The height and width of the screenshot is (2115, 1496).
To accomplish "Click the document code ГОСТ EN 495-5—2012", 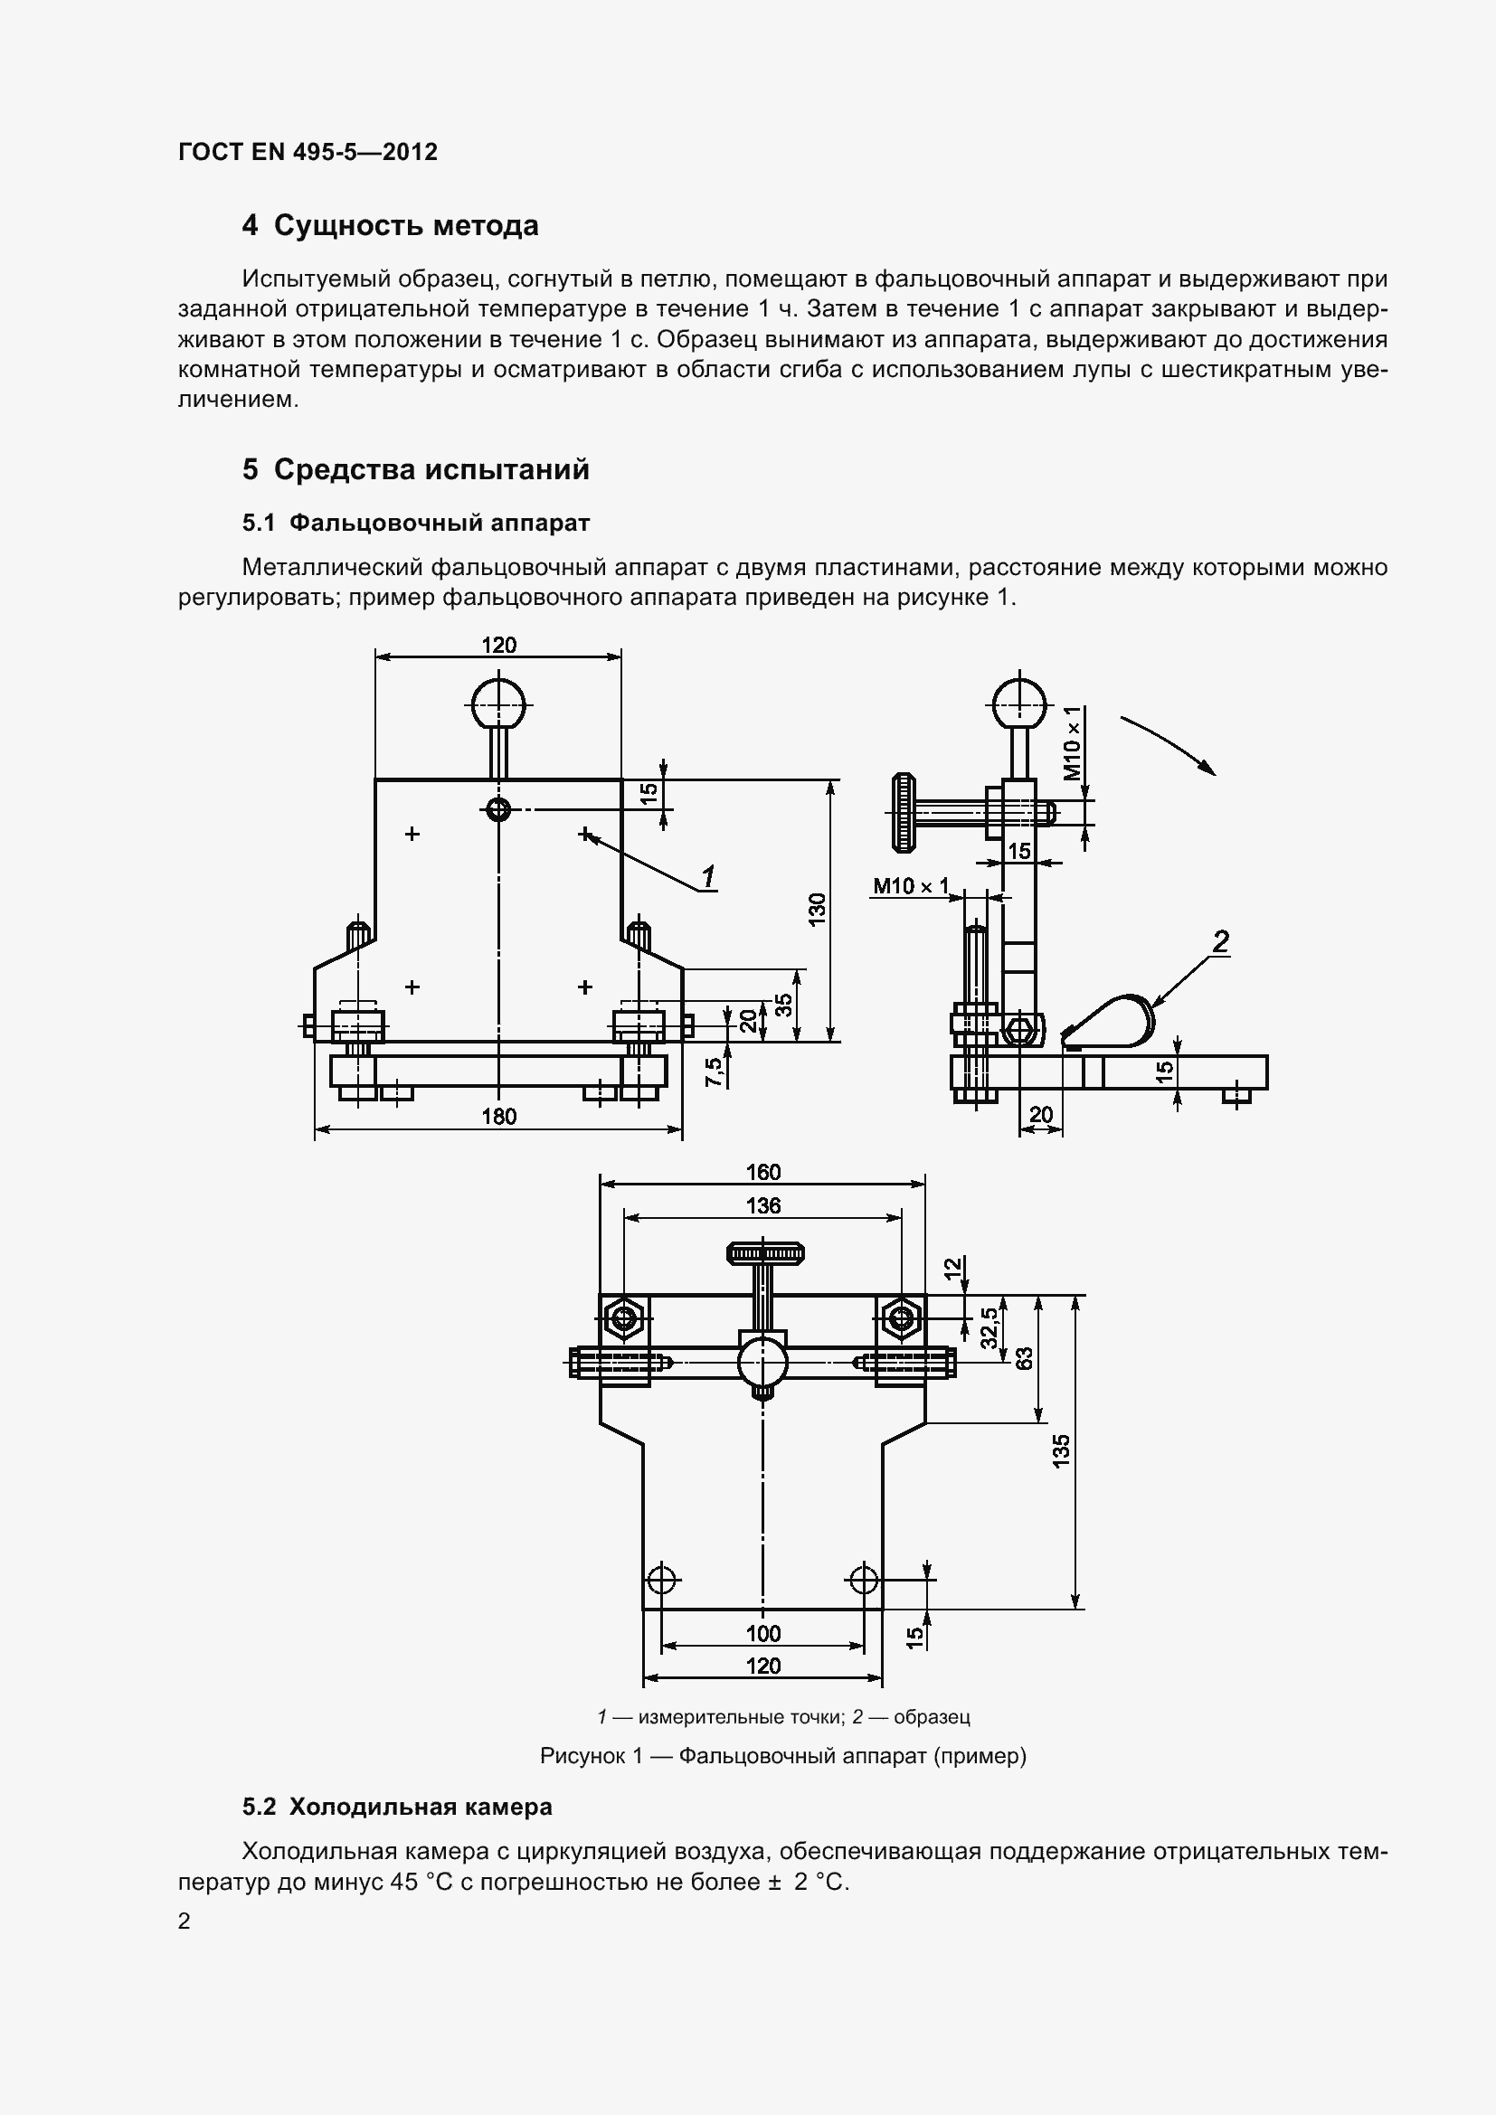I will pyautogui.click(x=308, y=152).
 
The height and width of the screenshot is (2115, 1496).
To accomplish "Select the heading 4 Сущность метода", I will pyautogui.click(x=390, y=226).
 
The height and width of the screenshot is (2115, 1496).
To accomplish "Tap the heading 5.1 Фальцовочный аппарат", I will pyautogui.click(x=415, y=523).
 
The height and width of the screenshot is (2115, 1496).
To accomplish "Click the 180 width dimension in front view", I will pyautogui.click(x=499, y=1117).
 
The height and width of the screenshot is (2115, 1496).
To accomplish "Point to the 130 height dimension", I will pyautogui.click(x=817, y=911).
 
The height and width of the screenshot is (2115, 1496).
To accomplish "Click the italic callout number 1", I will pyautogui.click(x=707, y=876).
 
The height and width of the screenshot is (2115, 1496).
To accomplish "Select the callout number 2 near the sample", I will pyautogui.click(x=1219, y=940).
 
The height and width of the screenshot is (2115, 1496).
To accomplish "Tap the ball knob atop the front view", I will pyautogui.click(x=497, y=706).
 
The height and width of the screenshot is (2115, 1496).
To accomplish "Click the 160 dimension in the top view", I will pyautogui.click(x=762, y=1172).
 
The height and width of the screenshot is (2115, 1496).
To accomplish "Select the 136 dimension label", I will pyautogui.click(x=762, y=1204).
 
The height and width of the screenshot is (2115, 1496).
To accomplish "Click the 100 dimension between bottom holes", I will pyautogui.click(x=762, y=1633).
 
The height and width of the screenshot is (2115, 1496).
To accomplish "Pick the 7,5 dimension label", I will pyautogui.click(x=714, y=1072).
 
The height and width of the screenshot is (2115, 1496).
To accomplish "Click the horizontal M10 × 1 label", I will pyautogui.click(x=910, y=886).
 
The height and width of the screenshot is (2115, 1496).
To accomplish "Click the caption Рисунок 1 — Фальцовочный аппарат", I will pyautogui.click(x=783, y=1756).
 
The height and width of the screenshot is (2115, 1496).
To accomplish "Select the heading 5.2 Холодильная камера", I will pyautogui.click(x=397, y=1807).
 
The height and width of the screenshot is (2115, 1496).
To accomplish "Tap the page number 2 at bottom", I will pyautogui.click(x=185, y=1921).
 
